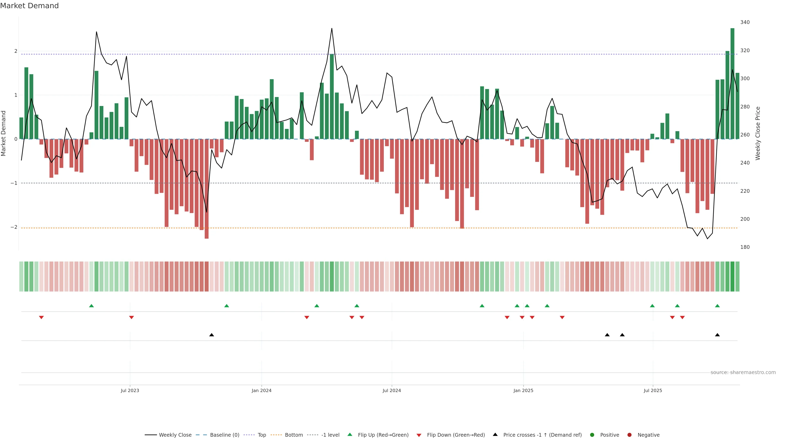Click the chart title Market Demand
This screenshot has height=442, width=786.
pyautogui.click(x=29, y=6)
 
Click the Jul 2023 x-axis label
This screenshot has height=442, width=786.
pyautogui.click(x=130, y=390)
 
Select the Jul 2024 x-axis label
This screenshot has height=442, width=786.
pyautogui.click(x=392, y=390)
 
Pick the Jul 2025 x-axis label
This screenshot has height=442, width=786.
pyautogui.click(x=653, y=390)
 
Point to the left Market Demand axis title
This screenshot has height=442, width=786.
pyautogui.click(x=4, y=133)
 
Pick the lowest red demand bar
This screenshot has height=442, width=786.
pyautogui.click(x=207, y=189)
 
